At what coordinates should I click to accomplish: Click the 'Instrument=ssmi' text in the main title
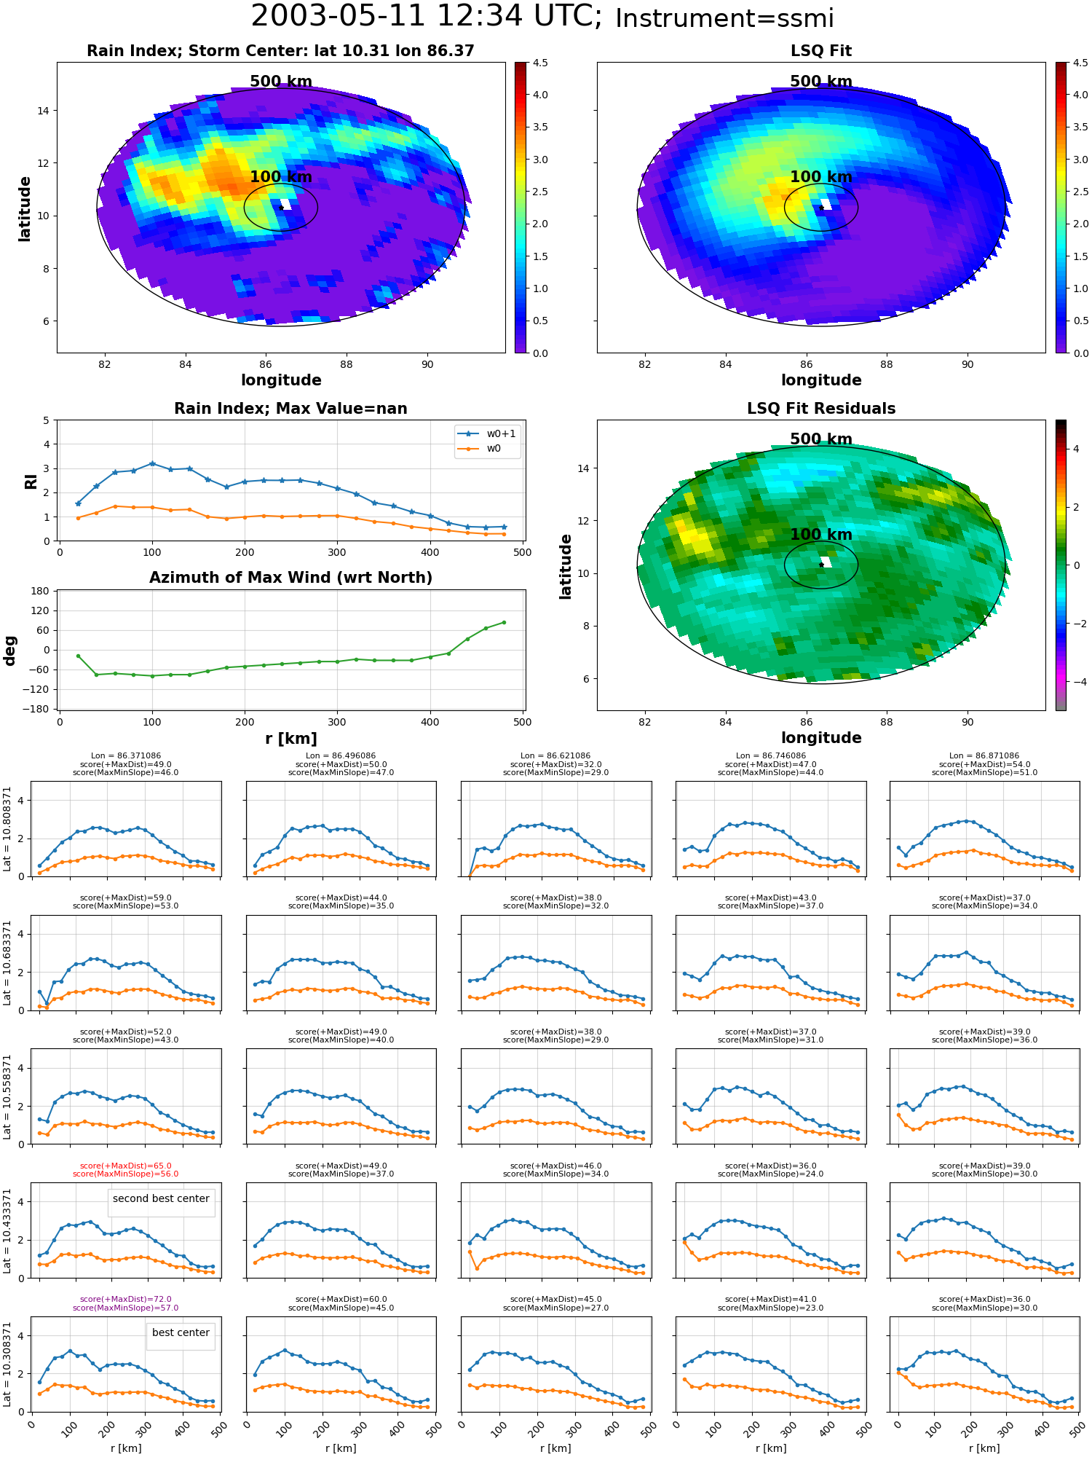(724, 19)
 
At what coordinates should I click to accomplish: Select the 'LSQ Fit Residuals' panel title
(821, 409)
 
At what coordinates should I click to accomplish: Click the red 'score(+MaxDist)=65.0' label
(125, 1166)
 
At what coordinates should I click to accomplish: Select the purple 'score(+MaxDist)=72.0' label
(125, 1300)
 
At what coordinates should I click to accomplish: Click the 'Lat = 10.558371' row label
(7, 1096)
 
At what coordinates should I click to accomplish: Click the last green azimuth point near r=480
(504, 622)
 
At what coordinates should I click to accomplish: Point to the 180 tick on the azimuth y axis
(41, 591)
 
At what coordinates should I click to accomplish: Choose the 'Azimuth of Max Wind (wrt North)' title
(290, 578)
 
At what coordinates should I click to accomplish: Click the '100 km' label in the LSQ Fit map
(821, 177)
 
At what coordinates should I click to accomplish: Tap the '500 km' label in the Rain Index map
(281, 82)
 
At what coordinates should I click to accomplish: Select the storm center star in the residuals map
(821, 565)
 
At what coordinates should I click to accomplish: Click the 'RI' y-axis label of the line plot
(31, 482)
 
